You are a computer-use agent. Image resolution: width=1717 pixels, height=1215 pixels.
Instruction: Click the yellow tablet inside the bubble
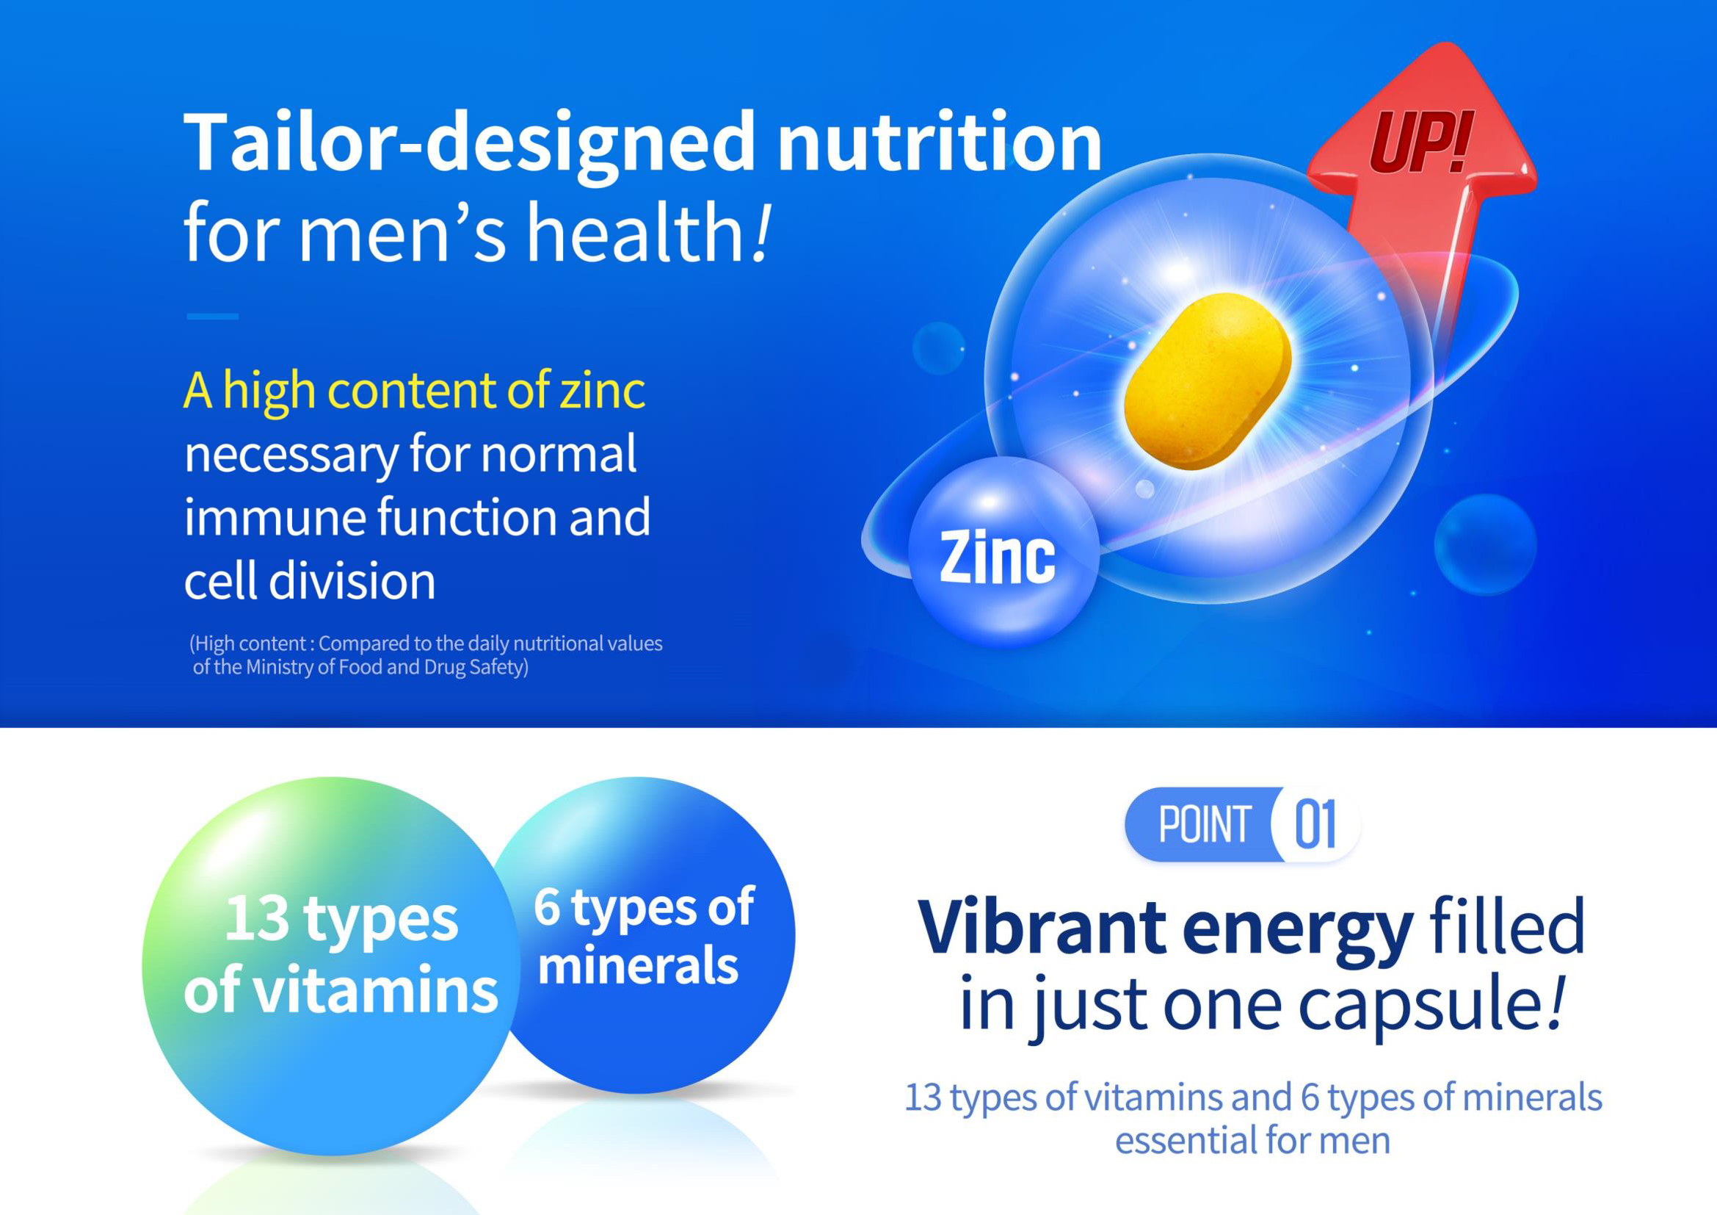1208,381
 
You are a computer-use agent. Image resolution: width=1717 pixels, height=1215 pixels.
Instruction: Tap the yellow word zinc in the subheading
602,391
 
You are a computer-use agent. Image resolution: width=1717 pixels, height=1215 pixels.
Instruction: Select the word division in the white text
352,580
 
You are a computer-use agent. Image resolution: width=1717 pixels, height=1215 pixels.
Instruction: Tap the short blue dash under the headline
212,317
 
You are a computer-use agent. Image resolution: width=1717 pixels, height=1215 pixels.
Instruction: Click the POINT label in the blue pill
1205,823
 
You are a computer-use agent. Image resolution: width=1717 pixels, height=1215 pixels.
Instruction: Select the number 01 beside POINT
1315,824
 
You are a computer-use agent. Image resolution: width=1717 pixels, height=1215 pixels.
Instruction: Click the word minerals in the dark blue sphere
638,965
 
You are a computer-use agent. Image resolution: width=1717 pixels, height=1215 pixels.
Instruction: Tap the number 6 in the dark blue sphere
547,907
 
